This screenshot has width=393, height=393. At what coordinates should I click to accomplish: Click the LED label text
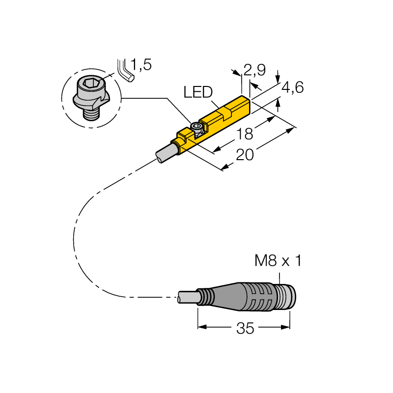(x=198, y=92)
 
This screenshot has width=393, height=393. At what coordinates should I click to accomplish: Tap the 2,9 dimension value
(x=254, y=70)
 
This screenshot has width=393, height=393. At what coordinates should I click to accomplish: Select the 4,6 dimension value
(x=293, y=87)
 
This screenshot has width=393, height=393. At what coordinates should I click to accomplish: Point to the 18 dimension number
(x=245, y=134)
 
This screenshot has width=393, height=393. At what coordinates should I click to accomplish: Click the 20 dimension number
(x=245, y=155)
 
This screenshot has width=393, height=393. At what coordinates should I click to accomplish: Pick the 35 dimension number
(x=245, y=328)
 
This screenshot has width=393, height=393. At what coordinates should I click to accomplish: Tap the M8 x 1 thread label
(x=278, y=260)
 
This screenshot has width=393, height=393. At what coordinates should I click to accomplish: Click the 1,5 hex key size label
(x=141, y=65)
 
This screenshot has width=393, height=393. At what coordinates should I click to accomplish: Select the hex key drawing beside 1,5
(x=125, y=71)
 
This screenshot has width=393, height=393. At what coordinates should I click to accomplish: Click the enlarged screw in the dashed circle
(x=91, y=98)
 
